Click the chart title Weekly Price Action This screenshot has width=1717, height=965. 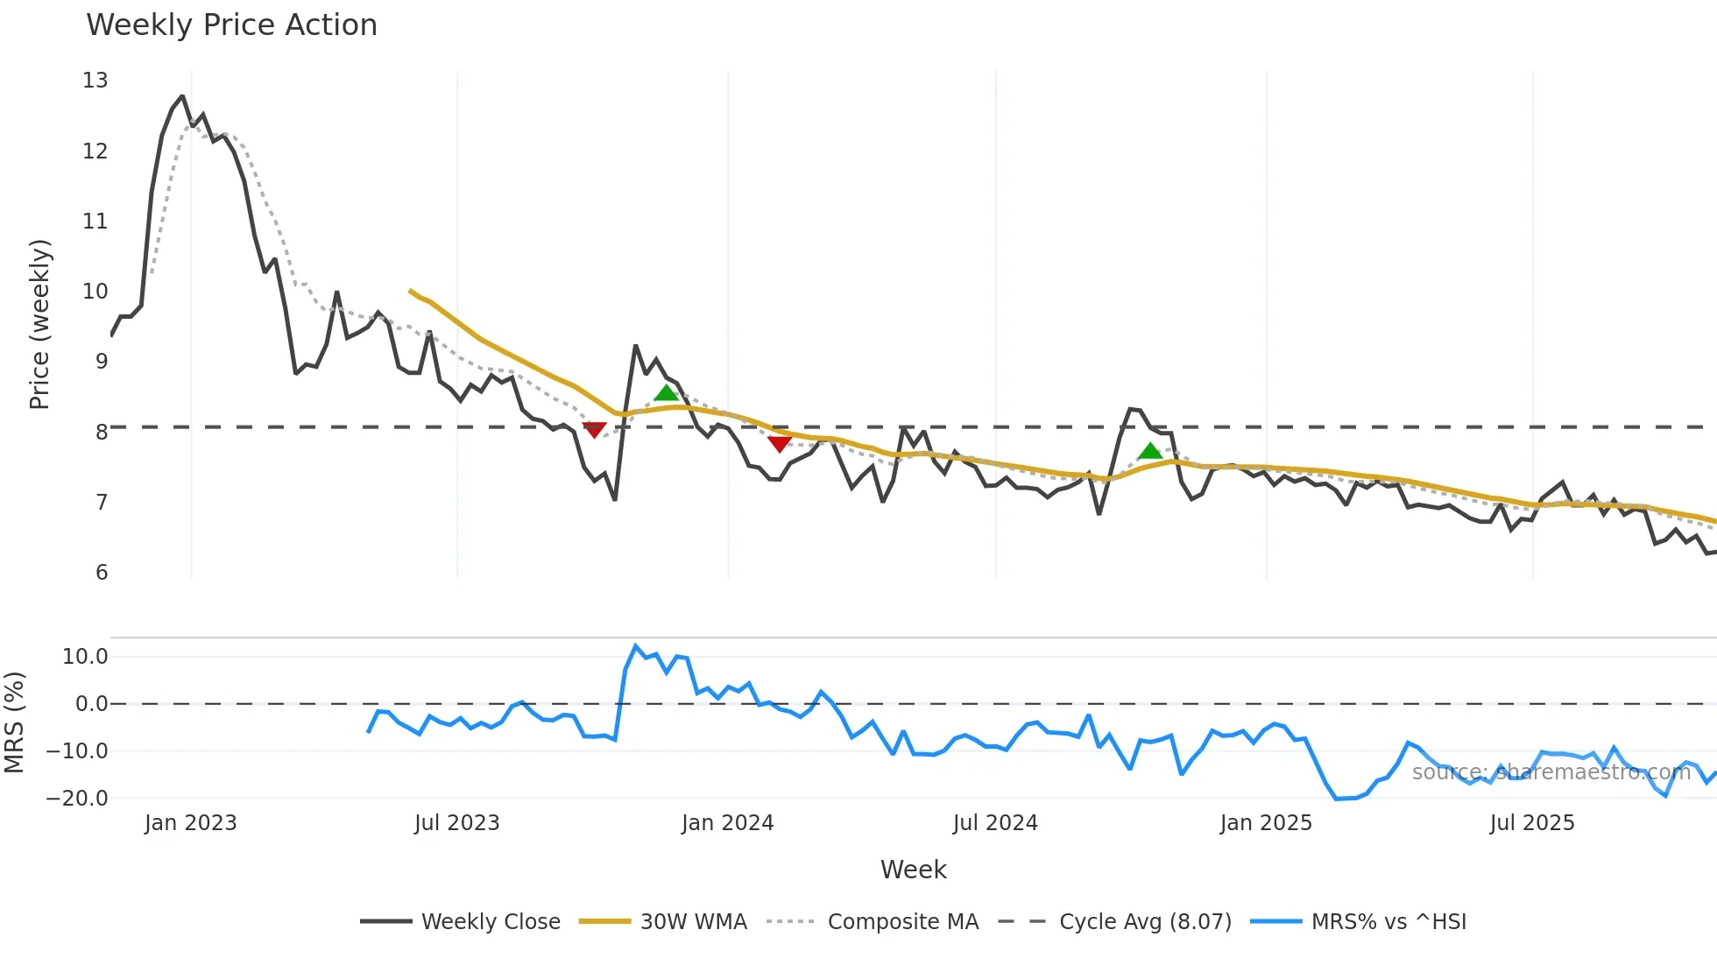(231, 25)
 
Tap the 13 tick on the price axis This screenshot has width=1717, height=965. (95, 81)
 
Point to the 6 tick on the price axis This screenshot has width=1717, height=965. (102, 573)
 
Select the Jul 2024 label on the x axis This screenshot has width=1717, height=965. (995, 823)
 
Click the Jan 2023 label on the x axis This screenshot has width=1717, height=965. (191, 823)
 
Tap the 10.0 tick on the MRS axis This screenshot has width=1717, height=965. (85, 657)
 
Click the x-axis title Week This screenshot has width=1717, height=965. (913, 870)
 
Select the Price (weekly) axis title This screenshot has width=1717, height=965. (39, 324)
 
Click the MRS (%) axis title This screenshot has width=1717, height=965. (15, 722)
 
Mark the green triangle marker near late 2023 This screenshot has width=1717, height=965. (666, 393)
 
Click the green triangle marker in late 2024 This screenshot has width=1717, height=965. (1149, 452)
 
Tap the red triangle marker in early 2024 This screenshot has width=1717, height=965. (779, 444)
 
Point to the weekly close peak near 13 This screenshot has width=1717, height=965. (182, 96)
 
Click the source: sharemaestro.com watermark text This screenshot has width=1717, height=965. (1551, 772)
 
